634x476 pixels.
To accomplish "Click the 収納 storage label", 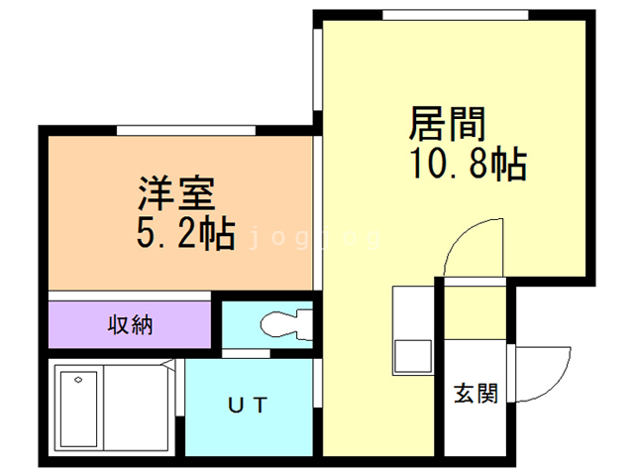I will [x=130, y=324].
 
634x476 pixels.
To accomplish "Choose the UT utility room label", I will [x=248, y=405].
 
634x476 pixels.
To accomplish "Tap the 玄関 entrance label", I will [x=475, y=394].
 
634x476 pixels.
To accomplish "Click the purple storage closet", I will [x=130, y=324].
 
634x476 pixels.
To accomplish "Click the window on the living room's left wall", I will [x=317, y=69].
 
